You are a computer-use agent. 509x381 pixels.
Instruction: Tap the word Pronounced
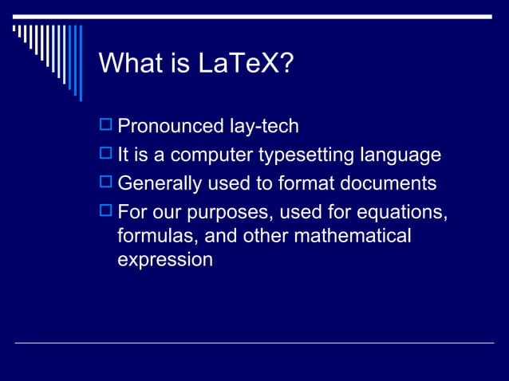click(169, 126)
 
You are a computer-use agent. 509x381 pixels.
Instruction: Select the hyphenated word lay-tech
click(262, 126)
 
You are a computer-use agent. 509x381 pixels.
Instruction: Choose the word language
click(401, 155)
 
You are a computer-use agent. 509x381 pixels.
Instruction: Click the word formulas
click(154, 237)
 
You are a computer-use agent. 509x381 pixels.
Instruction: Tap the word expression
click(164, 260)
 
